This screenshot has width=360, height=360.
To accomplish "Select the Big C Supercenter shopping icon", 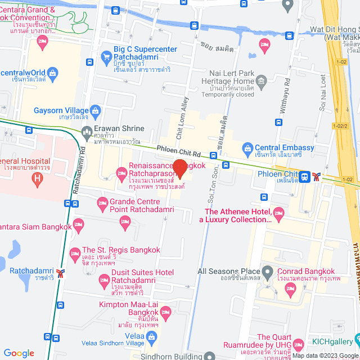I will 106,56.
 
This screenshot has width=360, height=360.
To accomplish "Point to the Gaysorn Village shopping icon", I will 96,110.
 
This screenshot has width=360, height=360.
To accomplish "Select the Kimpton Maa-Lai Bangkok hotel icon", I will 165,311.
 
